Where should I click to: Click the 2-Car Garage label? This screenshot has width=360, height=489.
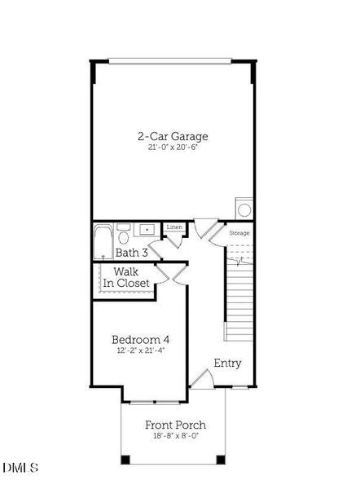point(173,136)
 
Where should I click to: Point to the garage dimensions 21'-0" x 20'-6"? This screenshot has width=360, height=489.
point(173,148)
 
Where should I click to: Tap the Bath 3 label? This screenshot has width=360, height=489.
point(131,253)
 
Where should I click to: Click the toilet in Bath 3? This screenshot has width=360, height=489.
point(123,237)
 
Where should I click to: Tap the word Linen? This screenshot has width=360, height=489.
point(174,227)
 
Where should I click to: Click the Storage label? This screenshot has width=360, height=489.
point(239,233)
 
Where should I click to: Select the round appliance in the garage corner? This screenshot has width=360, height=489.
point(244,209)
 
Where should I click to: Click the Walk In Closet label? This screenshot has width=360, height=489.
point(125,277)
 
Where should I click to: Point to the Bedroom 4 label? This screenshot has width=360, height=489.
point(140,339)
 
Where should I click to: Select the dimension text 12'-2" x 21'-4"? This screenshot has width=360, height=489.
point(140,351)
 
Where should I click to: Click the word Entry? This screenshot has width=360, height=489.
point(227,363)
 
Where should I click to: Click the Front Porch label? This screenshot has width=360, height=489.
point(175,425)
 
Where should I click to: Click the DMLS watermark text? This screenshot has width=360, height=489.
point(20,467)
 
